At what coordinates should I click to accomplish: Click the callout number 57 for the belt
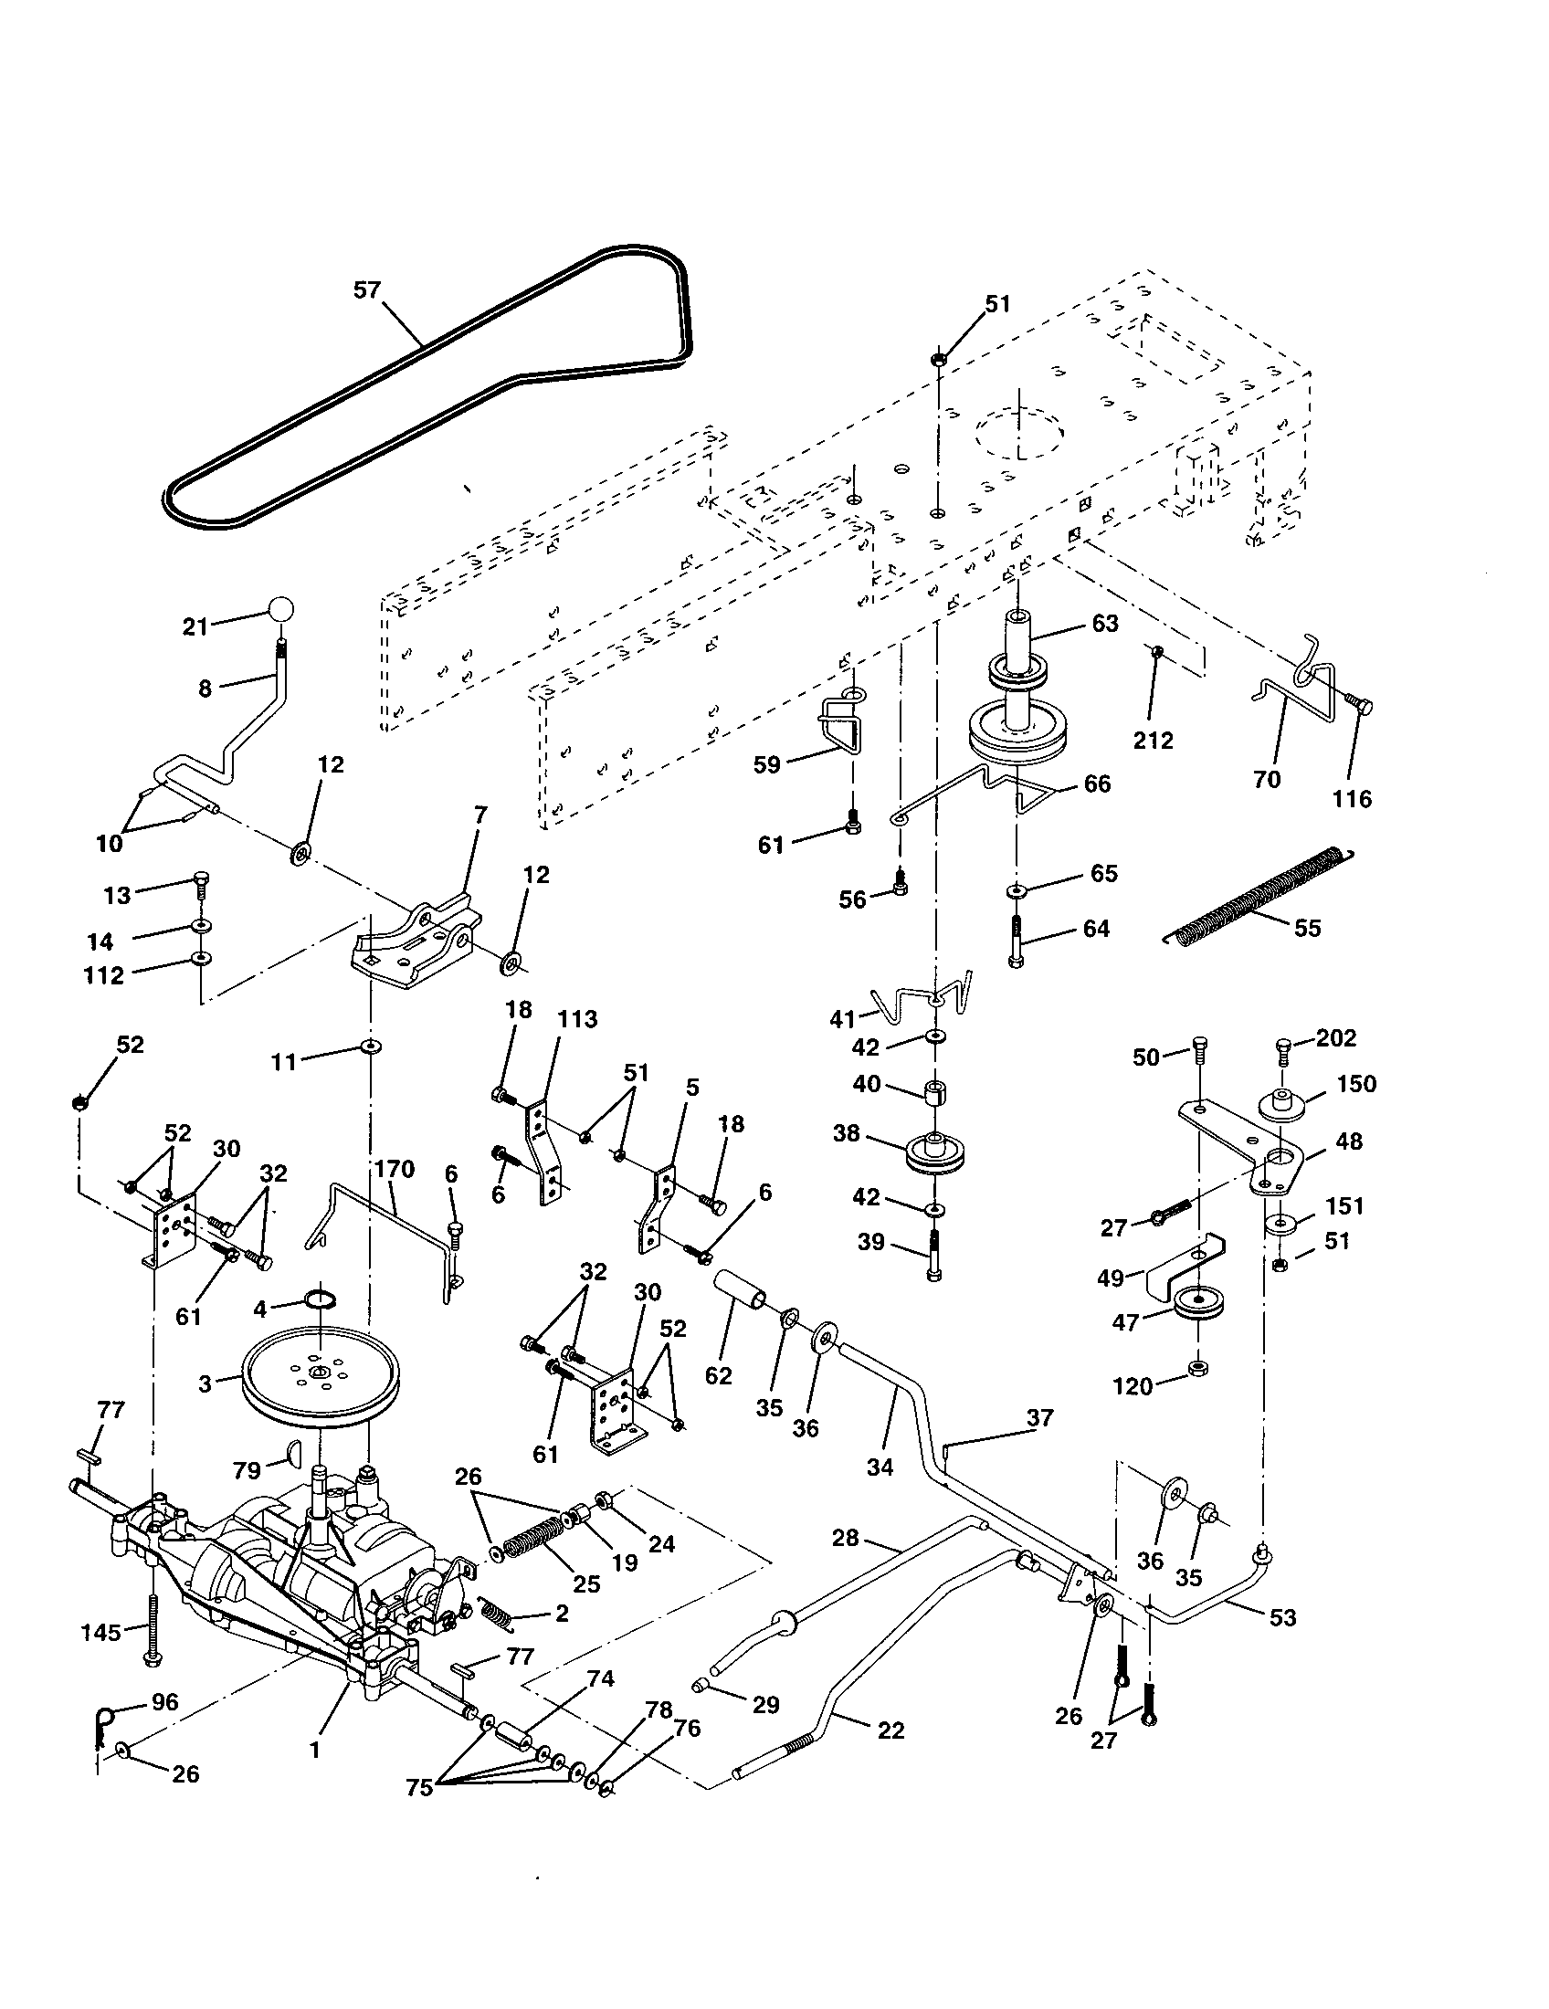pos(366,289)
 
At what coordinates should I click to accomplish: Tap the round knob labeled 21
pos(282,609)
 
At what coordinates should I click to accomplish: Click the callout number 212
pos(1153,741)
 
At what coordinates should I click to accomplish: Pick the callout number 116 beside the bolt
pos(1351,798)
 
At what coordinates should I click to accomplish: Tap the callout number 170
pos(395,1169)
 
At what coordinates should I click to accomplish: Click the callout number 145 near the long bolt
pos(100,1632)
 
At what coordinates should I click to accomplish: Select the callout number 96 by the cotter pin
pos(164,1702)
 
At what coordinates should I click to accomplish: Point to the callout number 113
pos(576,1019)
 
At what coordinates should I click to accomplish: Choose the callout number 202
pos(1335,1037)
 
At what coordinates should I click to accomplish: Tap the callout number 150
pos(1358,1084)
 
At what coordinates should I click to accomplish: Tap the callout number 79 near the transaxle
pos(247,1470)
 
